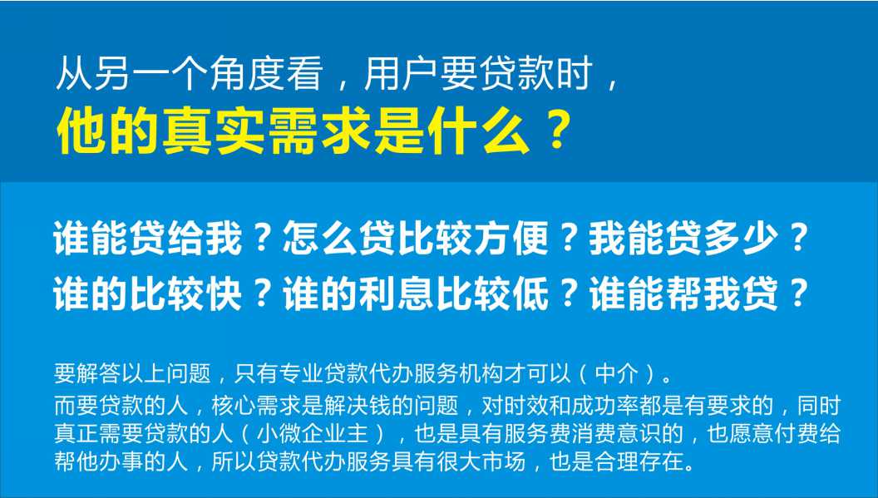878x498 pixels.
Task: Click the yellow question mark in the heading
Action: [x=557, y=130]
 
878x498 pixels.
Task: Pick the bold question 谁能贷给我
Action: [x=148, y=239]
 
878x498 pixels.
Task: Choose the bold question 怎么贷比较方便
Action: [x=416, y=239]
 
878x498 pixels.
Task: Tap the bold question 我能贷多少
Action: [x=683, y=239]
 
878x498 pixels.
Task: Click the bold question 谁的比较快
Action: [x=148, y=293]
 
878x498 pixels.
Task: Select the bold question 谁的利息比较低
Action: [x=416, y=293]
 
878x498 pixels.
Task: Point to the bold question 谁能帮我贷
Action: [x=683, y=293]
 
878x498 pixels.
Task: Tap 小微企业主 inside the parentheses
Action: [x=313, y=434]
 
